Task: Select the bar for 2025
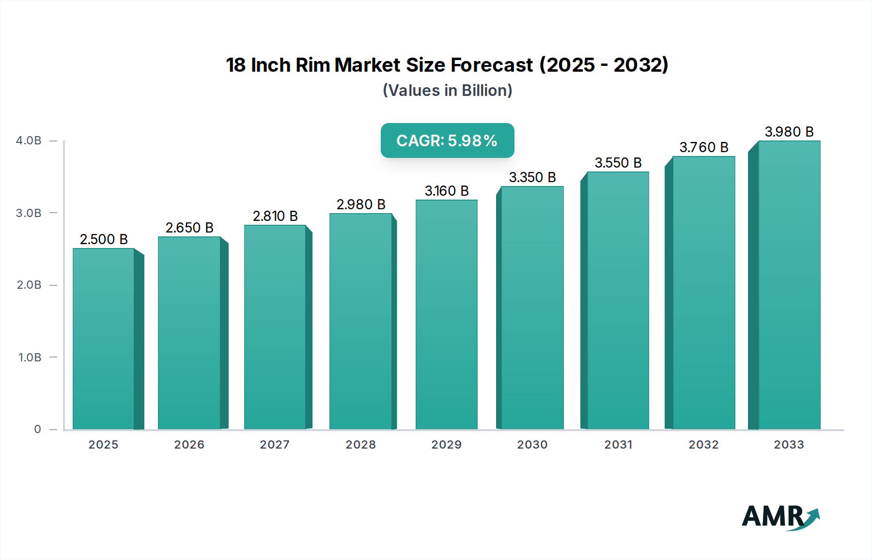coord(103,339)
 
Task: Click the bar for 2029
coord(446,315)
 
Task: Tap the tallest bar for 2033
coord(789,286)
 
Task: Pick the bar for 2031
coord(618,300)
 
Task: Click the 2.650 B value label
coord(189,228)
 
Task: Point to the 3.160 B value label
coord(446,191)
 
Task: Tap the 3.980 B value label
coord(789,132)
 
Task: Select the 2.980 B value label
coord(361,204)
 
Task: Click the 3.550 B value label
coord(618,163)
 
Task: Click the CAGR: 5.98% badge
coord(447,140)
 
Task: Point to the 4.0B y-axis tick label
coord(29,140)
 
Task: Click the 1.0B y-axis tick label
coord(30,358)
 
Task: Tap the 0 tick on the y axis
coord(37,429)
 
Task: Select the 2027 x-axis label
coord(275,445)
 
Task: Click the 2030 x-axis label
coord(532,445)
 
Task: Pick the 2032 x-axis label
coord(703,445)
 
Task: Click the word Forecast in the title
coord(491,65)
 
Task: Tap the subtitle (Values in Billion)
coord(447,91)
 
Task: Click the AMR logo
coord(780,516)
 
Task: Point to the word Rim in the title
coord(312,65)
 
